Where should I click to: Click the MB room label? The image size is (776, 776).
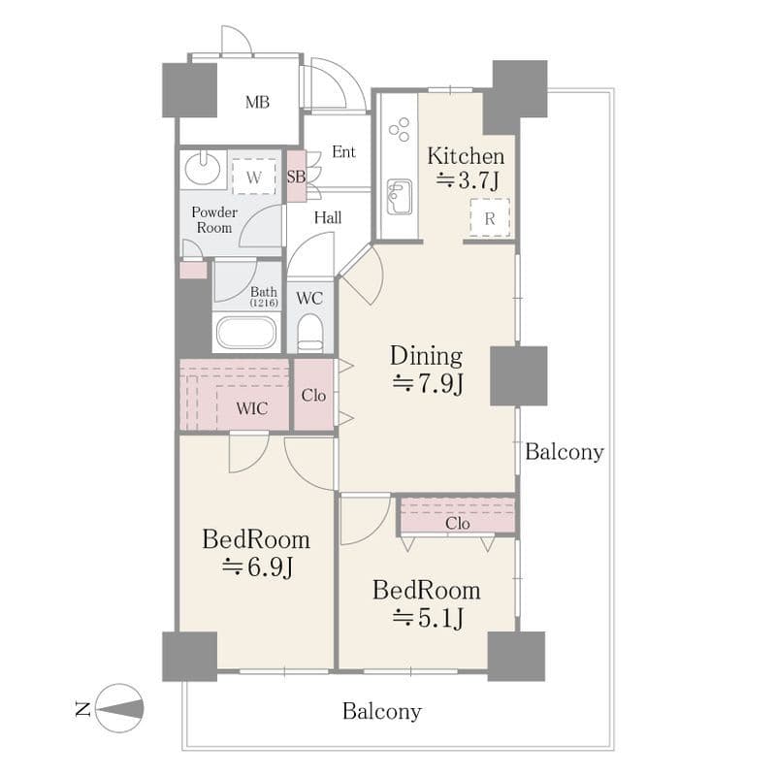click(x=257, y=103)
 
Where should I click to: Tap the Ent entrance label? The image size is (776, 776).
click(x=343, y=152)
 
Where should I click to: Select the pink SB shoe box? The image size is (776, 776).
click(x=297, y=177)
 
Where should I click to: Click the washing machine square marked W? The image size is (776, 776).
click(x=254, y=177)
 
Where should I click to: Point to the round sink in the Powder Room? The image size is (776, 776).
click(x=203, y=168)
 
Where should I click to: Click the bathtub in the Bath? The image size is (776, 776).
click(x=246, y=332)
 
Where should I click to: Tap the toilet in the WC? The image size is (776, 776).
click(x=310, y=333)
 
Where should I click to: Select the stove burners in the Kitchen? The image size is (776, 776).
click(x=399, y=129)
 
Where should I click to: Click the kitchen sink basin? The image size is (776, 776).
click(x=400, y=197)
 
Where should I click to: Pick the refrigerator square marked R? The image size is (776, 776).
click(x=490, y=217)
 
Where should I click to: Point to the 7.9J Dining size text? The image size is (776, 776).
click(x=428, y=383)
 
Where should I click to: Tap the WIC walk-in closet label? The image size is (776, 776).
click(x=252, y=408)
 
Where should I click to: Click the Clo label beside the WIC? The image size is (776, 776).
click(x=313, y=396)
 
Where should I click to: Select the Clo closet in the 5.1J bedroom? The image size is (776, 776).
click(x=457, y=516)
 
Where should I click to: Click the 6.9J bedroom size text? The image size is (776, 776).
click(x=257, y=566)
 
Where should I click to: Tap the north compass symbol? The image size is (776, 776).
click(x=119, y=708)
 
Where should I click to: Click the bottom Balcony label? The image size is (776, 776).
click(x=381, y=712)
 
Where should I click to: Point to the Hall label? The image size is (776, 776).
click(x=328, y=217)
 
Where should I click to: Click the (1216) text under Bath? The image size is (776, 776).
click(x=264, y=303)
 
